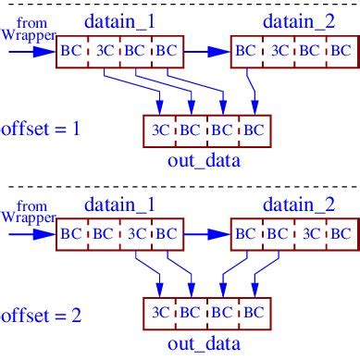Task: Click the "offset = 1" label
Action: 41,128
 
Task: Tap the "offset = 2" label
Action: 41,315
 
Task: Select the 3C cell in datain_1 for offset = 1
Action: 103,52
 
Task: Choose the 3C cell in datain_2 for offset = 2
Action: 306,233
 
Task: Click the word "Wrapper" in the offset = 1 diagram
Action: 27,34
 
